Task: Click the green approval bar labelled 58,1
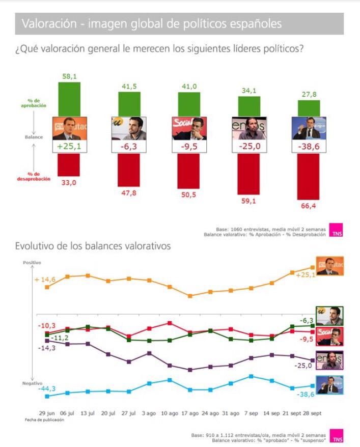69,99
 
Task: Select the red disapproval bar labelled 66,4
308,178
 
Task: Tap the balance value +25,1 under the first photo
69,147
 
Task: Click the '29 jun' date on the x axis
47,412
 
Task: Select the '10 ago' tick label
170,412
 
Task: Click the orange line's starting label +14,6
45,280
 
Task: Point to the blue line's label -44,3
45,389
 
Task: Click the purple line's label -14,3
46,348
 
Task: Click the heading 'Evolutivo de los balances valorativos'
93,246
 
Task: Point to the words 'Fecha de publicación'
44,420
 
